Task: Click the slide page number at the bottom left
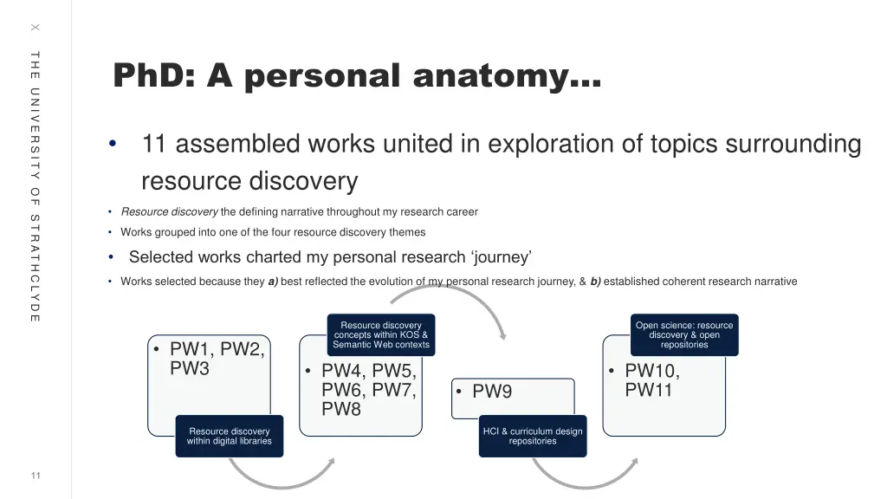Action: click(36, 475)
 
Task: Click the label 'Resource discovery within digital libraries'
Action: click(230, 436)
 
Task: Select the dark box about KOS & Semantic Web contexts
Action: click(381, 335)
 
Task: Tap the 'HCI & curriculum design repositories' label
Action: click(533, 436)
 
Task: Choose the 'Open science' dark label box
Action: click(684, 335)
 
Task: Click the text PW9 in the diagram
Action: click(492, 392)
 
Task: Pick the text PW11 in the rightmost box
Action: click(649, 391)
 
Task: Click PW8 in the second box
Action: click(341, 410)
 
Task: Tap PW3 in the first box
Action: click(190, 369)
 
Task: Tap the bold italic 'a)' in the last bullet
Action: click(273, 282)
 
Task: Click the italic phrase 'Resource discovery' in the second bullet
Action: click(169, 212)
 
